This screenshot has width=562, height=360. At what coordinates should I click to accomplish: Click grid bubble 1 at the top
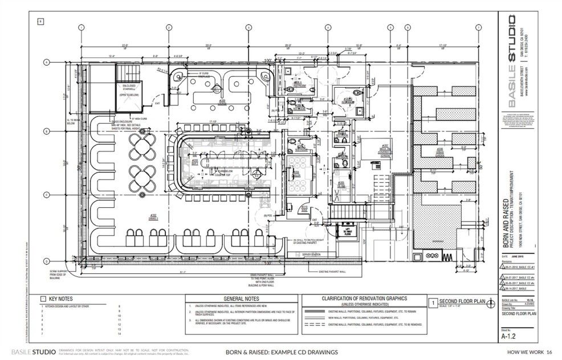(82, 27)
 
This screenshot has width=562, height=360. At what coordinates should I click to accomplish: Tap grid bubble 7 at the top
(477, 27)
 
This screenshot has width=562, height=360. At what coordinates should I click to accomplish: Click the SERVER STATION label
(296, 254)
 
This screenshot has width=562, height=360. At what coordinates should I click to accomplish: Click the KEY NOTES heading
(61, 298)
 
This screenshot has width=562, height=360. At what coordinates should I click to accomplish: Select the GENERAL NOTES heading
(241, 298)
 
